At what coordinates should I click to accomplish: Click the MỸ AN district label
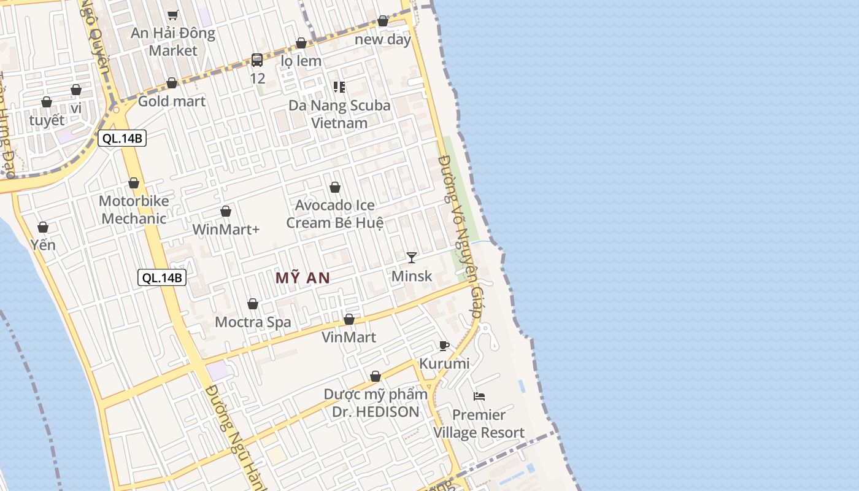(302, 278)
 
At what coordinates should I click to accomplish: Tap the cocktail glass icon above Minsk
(412, 258)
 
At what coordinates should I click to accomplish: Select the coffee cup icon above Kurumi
(444, 346)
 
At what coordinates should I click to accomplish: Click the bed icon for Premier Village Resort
(479, 396)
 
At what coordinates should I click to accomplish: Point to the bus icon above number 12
(257, 60)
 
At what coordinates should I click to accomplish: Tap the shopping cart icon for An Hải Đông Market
(173, 15)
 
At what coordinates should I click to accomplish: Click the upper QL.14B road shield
(122, 138)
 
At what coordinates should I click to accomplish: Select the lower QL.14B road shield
(162, 277)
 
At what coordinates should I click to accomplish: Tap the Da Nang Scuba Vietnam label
(339, 114)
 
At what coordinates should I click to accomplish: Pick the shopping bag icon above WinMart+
(226, 212)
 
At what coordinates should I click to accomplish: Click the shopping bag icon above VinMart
(349, 320)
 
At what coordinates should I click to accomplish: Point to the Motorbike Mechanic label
(133, 210)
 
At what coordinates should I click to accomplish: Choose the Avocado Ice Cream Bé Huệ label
(335, 214)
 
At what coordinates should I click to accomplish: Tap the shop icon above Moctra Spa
(253, 304)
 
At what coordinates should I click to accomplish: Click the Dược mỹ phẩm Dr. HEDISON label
(376, 403)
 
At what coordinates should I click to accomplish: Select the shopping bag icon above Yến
(43, 228)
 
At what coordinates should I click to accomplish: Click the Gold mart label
(172, 101)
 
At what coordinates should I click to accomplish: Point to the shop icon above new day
(383, 21)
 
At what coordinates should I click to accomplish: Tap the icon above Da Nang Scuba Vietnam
(339, 87)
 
